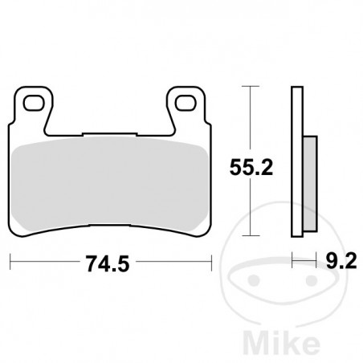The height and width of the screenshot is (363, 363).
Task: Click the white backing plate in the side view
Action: point(296,161)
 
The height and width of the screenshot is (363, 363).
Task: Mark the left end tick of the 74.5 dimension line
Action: point(10,260)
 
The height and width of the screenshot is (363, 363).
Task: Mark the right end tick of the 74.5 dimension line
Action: point(211,260)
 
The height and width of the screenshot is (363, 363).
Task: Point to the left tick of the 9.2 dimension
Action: point(292,260)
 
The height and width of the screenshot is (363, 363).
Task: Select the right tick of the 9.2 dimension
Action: point(310,260)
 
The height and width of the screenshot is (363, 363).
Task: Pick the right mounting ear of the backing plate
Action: point(186,108)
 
